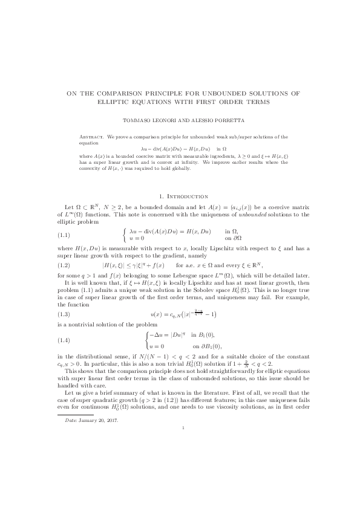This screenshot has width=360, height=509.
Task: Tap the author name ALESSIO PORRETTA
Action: pyautogui.click(x=211, y=120)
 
